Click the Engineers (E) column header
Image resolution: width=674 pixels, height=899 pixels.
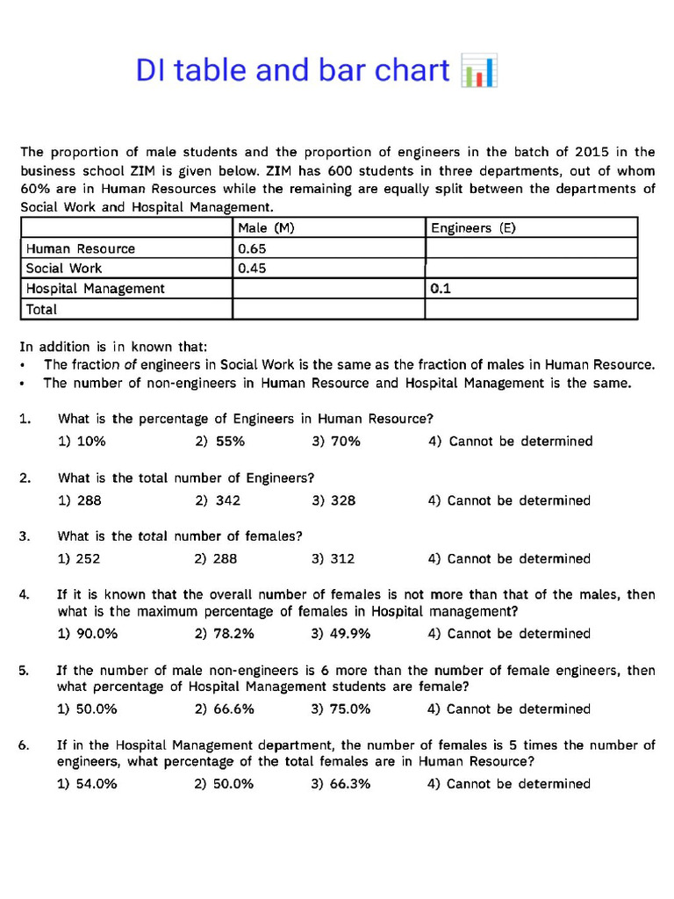pos(473,228)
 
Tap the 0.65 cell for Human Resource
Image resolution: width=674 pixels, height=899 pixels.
pos(253,248)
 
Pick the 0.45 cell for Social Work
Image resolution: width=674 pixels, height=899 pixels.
pos(253,269)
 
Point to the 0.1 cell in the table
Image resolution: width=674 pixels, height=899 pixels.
pos(441,288)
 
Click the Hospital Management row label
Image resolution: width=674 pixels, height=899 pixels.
pos(95,288)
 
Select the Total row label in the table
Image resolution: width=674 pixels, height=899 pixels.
pos(41,309)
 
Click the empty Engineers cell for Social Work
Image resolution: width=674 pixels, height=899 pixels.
pos(531,269)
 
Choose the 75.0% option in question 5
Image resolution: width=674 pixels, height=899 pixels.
pos(341,708)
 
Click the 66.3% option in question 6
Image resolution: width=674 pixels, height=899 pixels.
pos(341,784)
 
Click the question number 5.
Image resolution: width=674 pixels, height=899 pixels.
pos(23,671)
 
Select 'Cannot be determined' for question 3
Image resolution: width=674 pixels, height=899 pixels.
pos(509,558)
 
